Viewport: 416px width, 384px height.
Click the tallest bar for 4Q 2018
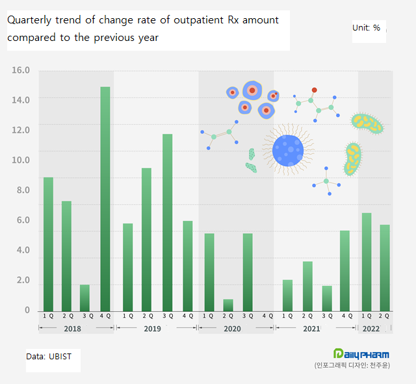coord(105,198)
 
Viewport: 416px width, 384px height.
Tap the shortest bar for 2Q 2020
coord(227,305)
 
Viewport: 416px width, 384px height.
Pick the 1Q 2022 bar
coord(367,261)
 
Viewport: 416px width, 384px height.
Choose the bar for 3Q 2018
coord(84,298)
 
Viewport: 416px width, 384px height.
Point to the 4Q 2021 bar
coord(344,270)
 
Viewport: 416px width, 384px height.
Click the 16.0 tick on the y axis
coord(21,70)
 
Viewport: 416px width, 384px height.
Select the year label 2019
coord(152,329)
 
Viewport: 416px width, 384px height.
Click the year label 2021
coord(311,329)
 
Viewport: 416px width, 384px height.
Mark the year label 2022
coord(371,329)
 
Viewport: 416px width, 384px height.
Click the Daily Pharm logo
coord(361,353)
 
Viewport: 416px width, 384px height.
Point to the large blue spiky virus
coord(288,150)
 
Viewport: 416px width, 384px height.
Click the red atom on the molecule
coord(315,90)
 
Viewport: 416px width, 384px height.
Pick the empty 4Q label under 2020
coord(266,316)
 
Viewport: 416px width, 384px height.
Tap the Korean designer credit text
coord(361,366)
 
